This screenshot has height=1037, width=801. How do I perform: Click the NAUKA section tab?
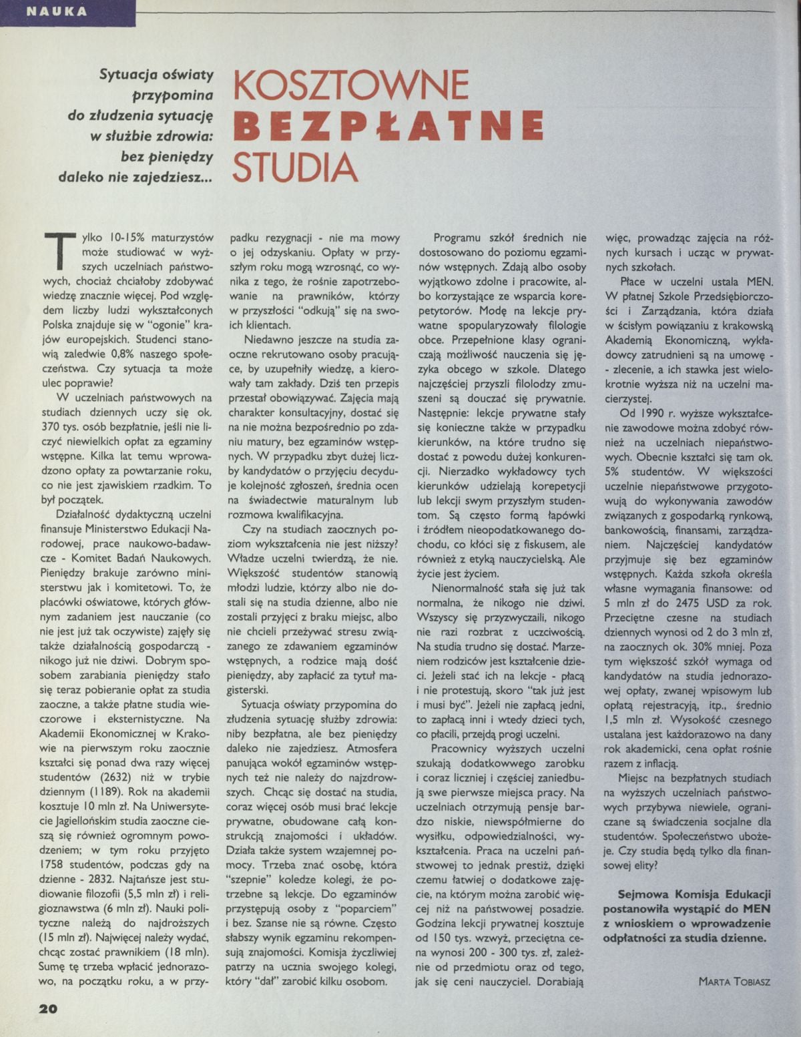67,11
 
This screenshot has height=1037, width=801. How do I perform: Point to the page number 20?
47,1008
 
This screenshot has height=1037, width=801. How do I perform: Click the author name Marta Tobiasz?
734,981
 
